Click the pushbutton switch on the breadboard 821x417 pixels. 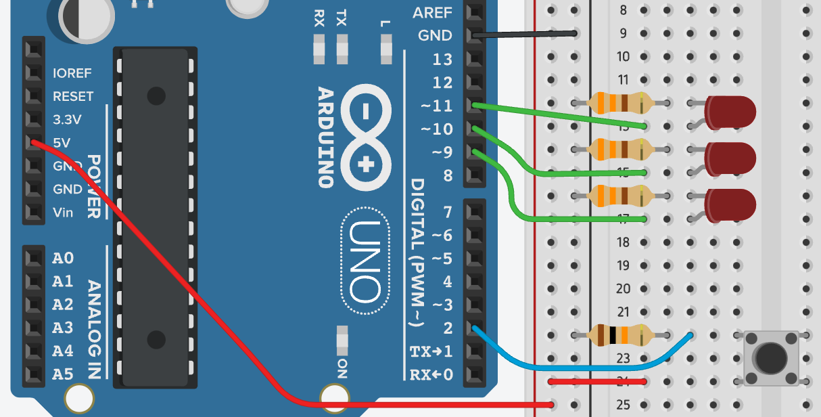(771, 357)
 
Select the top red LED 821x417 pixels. (730, 110)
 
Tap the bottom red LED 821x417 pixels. (730, 204)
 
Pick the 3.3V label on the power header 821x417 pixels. (67, 120)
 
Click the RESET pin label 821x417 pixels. (73, 96)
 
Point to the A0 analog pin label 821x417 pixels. (63, 258)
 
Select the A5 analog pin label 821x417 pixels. (63, 374)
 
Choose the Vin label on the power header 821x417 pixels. (63, 212)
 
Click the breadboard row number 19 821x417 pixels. (623, 265)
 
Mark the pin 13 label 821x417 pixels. (442, 60)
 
